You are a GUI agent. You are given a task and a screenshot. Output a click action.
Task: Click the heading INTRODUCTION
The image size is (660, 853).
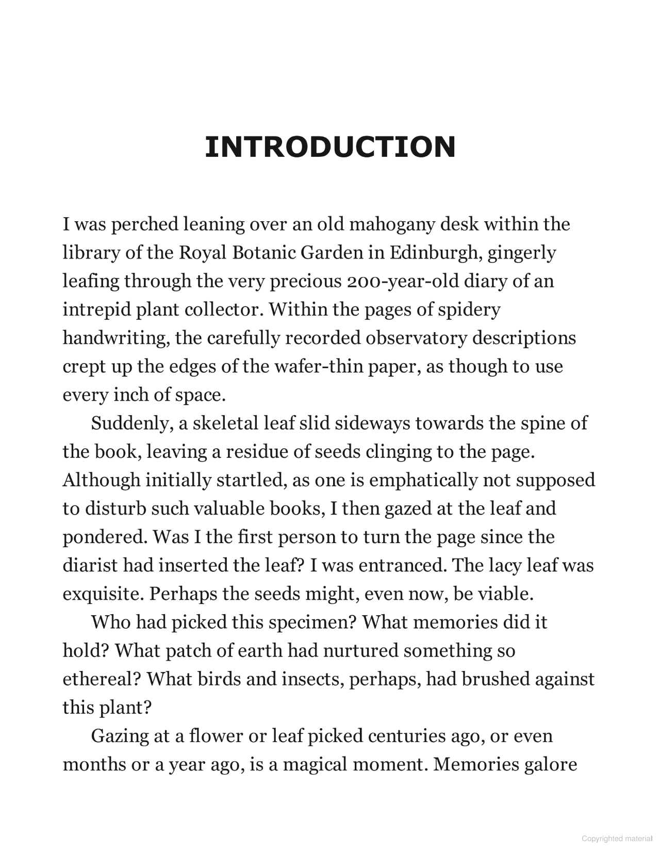[330, 147]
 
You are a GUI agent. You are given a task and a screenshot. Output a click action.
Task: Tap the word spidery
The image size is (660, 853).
[469, 310]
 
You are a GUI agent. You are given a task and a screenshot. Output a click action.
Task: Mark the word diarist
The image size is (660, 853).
[90, 566]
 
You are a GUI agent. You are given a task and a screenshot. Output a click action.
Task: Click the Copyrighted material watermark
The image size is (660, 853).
[617, 839]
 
